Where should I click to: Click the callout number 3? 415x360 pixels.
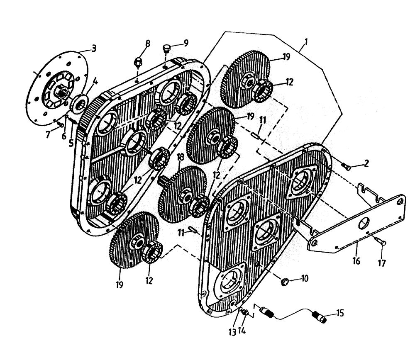[94, 49]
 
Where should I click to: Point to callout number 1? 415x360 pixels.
[306, 42]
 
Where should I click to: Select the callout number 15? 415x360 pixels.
[340, 313]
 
